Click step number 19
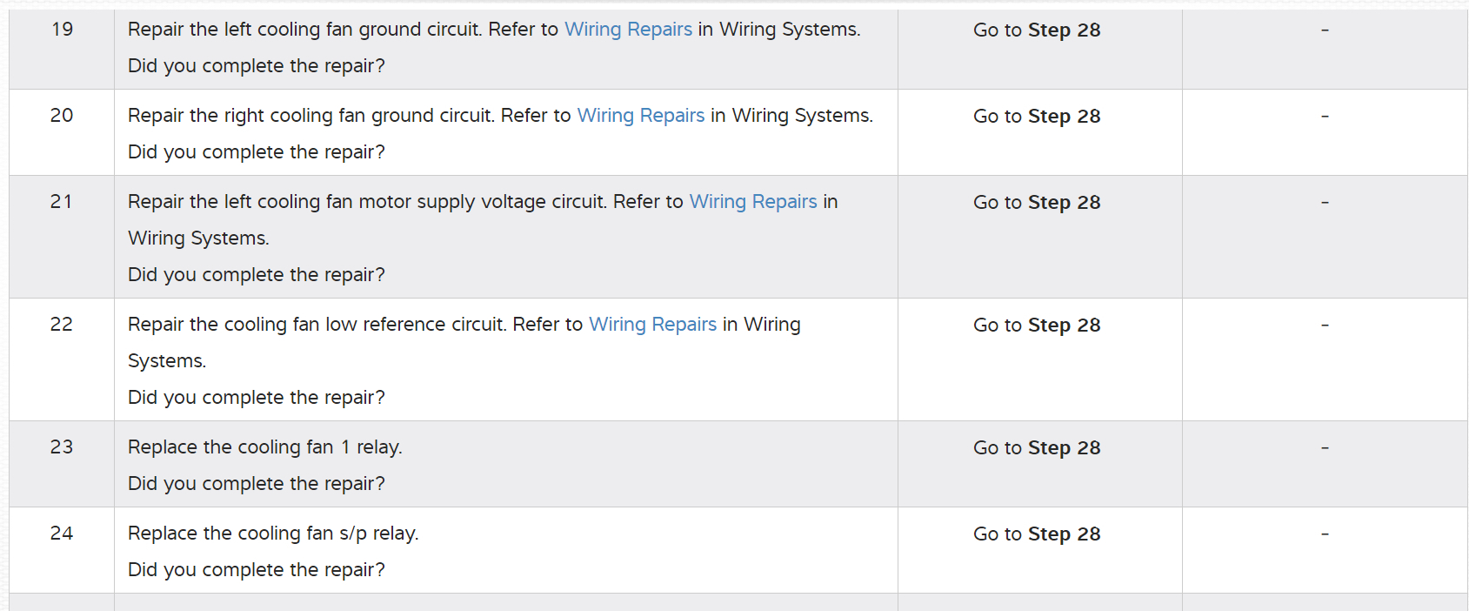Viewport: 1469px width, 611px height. point(62,30)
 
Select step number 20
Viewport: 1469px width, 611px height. point(62,116)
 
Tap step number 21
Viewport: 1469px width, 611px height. point(62,202)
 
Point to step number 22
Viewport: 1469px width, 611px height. point(62,325)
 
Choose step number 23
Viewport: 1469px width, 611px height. point(62,447)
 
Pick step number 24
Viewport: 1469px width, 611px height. point(62,534)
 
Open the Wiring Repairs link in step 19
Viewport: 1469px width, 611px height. point(628,30)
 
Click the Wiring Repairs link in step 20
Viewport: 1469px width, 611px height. point(641,116)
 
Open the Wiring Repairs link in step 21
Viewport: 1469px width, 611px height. point(753,202)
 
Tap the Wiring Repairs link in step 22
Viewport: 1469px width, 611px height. point(652,325)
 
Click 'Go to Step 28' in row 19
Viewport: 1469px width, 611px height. point(1037,30)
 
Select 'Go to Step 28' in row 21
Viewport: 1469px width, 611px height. point(1037,203)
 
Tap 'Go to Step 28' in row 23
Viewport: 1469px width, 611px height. point(1037,448)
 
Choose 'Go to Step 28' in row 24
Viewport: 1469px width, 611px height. point(1037,534)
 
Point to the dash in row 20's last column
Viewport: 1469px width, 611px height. point(1325,117)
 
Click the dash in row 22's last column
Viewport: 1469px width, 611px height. point(1325,326)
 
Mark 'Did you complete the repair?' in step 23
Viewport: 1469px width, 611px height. point(256,484)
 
